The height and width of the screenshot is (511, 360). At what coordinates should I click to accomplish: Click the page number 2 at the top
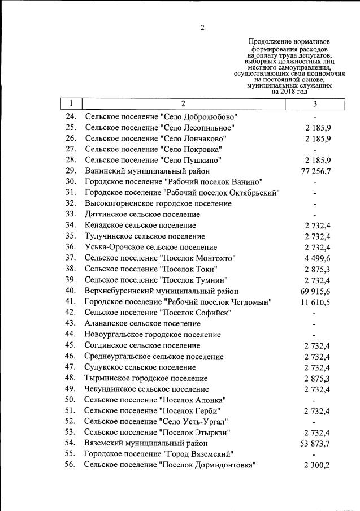coord(202,28)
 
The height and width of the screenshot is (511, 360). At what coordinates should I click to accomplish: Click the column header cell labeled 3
coord(314,103)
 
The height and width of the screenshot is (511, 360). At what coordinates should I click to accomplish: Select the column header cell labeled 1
coord(71,103)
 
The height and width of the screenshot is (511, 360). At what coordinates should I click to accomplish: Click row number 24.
coord(71,116)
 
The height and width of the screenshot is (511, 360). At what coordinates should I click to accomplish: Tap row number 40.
coord(71,291)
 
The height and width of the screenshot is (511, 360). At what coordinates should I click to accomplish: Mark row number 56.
coord(71,465)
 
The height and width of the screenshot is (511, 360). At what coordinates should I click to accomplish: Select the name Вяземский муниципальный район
coord(146,443)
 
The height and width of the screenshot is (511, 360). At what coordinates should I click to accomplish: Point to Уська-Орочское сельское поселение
coord(151,247)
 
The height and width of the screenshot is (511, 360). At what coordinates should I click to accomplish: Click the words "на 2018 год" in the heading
coord(289,92)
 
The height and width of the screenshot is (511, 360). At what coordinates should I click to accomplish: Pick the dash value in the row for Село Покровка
coord(314,150)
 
